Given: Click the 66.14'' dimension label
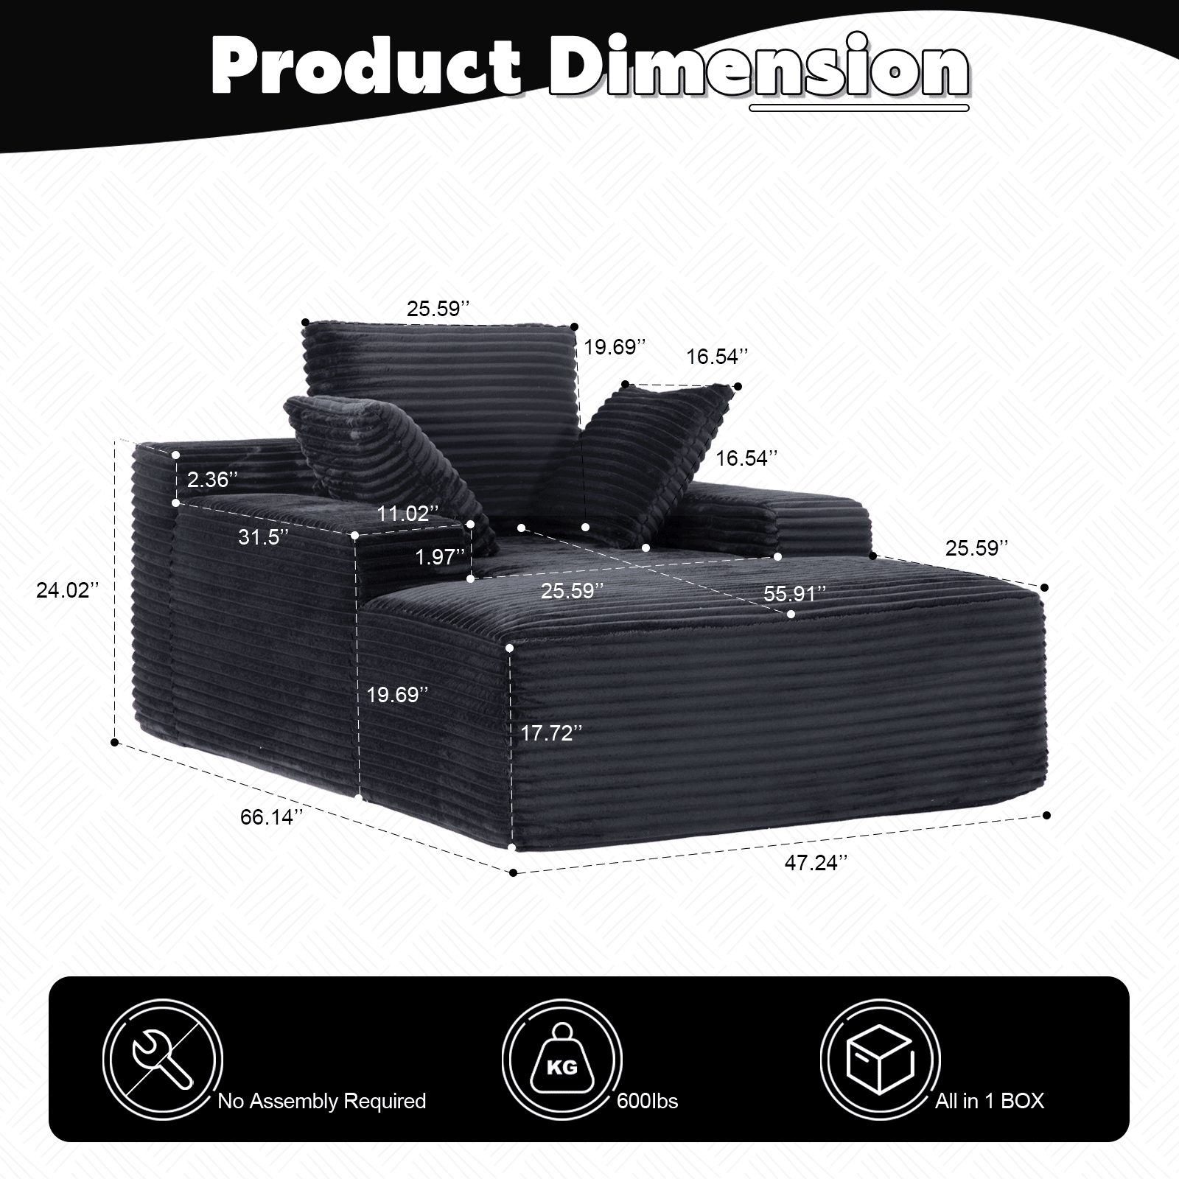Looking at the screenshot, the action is (272, 817).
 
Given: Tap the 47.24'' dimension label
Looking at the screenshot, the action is (816, 863).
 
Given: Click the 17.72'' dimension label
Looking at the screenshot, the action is (551, 733).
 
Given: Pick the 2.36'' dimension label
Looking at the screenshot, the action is (212, 480).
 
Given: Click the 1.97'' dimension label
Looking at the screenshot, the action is (441, 557).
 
